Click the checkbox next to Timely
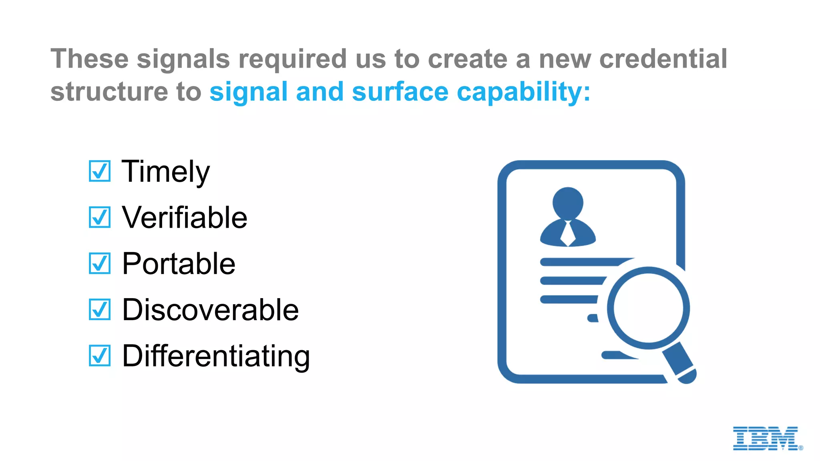click(x=99, y=171)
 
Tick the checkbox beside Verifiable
click(x=99, y=217)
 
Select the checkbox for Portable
click(x=99, y=263)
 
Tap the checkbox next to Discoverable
click(x=99, y=310)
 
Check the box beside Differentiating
click(x=99, y=356)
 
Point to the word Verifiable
click(x=185, y=218)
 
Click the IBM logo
click(x=766, y=439)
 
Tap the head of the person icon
click(x=568, y=202)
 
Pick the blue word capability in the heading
click(x=523, y=92)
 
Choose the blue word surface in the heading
click(x=400, y=92)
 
